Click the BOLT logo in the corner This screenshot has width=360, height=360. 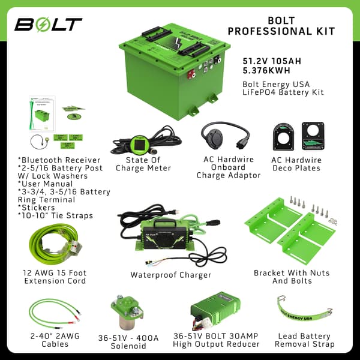pos(49,25)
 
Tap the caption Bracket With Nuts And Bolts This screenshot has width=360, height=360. pos(290,277)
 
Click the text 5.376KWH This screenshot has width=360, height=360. pos(265,70)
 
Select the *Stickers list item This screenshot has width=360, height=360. pos(37,208)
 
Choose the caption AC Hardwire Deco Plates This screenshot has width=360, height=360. pos(296,164)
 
